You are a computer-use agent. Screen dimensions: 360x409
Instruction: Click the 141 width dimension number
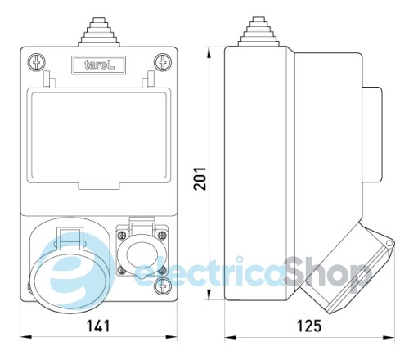click(x=97, y=326)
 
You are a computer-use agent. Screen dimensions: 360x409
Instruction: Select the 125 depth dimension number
click(x=308, y=326)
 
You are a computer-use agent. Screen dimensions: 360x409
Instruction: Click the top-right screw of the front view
click(x=162, y=61)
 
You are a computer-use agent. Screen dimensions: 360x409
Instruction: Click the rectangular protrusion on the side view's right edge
click(x=371, y=136)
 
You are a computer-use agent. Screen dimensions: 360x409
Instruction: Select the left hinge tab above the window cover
click(x=47, y=80)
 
